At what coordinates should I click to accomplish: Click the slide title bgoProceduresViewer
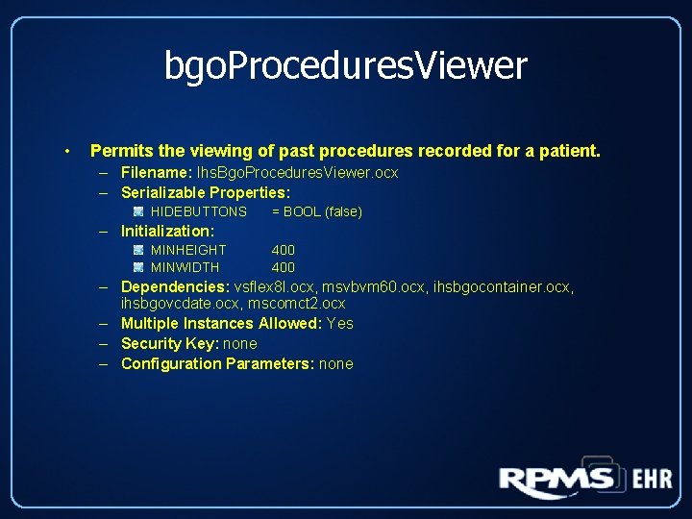(x=346, y=66)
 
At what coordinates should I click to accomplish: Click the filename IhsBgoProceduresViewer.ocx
(x=297, y=173)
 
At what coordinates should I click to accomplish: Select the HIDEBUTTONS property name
(x=199, y=211)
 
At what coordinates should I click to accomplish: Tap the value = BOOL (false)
(x=316, y=211)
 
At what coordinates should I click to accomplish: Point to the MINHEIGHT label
(x=188, y=250)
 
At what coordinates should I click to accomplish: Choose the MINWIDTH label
(x=185, y=267)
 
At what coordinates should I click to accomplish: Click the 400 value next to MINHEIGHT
(x=283, y=250)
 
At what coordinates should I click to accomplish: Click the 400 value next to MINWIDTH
(x=283, y=267)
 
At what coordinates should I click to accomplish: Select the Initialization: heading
(x=167, y=231)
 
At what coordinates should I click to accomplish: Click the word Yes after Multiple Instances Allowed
(x=340, y=324)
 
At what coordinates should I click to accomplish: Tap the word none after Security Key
(x=240, y=343)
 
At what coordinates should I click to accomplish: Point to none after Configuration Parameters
(x=336, y=363)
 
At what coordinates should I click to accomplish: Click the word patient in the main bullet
(x=571, y=151)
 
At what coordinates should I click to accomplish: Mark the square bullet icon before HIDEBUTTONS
(x=138, y=211)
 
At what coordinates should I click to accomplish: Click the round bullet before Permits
(x=66, y=152)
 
